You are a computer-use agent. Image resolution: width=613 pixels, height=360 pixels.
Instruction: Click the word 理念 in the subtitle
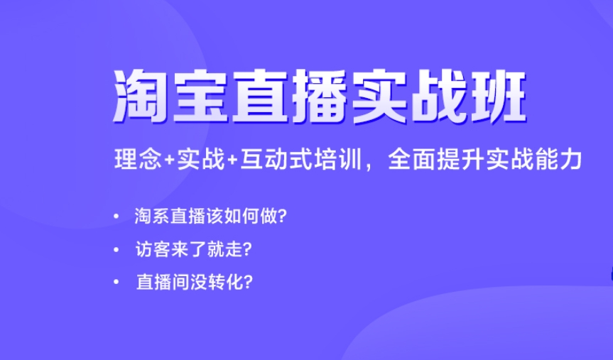point(138,159)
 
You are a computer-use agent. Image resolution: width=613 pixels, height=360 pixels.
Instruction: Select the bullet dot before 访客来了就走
point(115,249)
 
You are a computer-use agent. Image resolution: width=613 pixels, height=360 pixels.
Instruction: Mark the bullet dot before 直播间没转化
point(115,282)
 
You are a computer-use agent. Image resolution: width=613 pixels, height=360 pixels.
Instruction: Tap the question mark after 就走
point(249,249)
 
